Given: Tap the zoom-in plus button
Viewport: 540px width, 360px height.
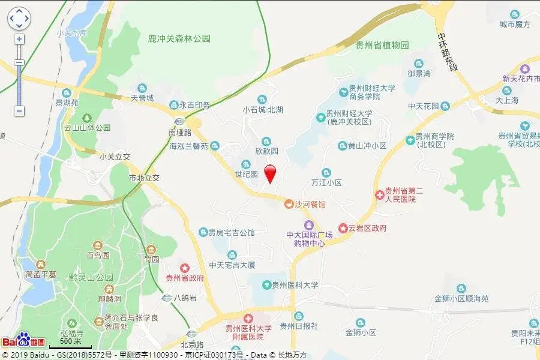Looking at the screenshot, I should coord(19,40).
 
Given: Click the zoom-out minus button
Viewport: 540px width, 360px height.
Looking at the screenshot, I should coord(19,111).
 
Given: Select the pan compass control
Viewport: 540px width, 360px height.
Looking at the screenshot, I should coord(19,19).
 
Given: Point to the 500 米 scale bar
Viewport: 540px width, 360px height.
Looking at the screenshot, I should coord(70,343).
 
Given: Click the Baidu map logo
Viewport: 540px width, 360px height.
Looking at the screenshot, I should coord(23,341).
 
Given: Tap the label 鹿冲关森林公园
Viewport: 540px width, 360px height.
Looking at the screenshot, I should coord(179,38).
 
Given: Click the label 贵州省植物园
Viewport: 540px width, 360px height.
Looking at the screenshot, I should coord(382,45).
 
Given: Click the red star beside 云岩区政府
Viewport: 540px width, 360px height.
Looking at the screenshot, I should coord(343,228).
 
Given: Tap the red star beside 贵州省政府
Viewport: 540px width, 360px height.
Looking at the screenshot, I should coord(185,268).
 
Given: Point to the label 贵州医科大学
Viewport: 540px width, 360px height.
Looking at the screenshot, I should coord(295,285).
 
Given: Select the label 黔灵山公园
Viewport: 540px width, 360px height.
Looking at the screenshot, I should coord(91,277).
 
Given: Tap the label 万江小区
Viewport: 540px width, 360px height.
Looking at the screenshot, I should coord(326,182).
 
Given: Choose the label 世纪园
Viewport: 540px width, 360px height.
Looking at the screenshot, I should coord(246,174).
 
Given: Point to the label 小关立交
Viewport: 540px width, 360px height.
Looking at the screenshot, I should coord(115,157).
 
